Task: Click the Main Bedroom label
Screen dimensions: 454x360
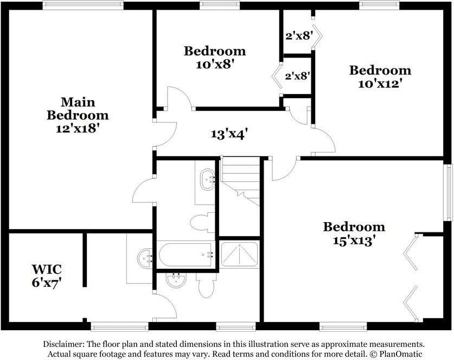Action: pyautogui.click(x=78, y=109)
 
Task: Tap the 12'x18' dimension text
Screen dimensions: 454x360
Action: pyautogui.click(x=76, y=128)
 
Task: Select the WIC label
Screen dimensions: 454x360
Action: pyautogui.click(x=47, y=269)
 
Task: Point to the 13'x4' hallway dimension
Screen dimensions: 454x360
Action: pyautogui.click(x=229, y=134)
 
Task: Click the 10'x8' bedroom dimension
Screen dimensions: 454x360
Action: pyautogui.click(x=215, y=64)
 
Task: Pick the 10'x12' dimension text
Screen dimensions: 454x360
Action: pyautogui.click(x=380, y=84)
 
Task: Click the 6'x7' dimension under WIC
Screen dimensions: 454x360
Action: pyautogui.click(x=47, y=282)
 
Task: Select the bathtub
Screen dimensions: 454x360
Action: pyautogui.click(x=186, y=255)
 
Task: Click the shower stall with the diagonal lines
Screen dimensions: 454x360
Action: pyautogui.click(x=239, y=254)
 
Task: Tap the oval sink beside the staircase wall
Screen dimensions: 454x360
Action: pyautogui.click(x=208, y=179)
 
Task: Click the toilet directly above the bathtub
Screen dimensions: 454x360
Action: pyautogui.click(x=203, y=222)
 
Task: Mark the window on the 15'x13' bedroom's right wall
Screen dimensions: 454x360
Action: pyautogui.click(x=449, y=192)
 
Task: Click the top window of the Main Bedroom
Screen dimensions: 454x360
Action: pyautogui.click(x=83, y=5)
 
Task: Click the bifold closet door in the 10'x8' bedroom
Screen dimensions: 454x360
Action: pyautogui.click(x=277, y=76)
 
